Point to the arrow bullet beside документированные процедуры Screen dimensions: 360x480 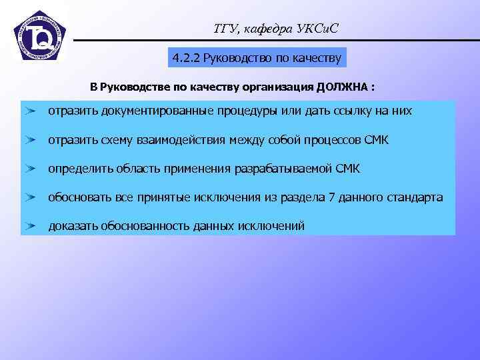tap(31, 111)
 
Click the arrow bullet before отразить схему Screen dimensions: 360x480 tap(31, 140)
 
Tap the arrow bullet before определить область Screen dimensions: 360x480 tap(31, 169)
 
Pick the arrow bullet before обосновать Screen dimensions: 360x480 tap(31, 197)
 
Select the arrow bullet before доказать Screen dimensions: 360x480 tap(31, 226)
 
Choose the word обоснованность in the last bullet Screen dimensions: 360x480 tap(145, 226)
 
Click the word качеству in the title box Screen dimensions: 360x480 tap(317, 58)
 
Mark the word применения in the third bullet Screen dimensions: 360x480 tap(199, 169)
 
